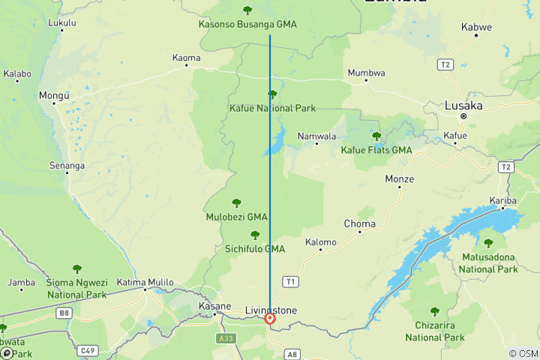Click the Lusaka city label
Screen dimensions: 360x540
coord(463,106)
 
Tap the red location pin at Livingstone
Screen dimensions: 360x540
coord(270,319)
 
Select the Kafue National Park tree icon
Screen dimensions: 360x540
coord(272,94)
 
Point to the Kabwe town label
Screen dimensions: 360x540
coord(476,27)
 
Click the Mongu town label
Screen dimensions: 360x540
coord(54,95)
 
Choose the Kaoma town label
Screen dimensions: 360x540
coord(186,58)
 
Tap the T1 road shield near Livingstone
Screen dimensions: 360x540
coord(290,281)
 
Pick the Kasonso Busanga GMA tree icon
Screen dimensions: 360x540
coord(247,10)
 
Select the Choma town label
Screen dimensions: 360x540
coord(359,223)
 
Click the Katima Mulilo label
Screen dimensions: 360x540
coord(145,282)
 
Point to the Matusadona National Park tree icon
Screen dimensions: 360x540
coord(488,243)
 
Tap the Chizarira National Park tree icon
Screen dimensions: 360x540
coord(434,311)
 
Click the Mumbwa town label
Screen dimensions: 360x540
coord(366,73)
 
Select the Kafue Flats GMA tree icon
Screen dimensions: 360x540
coord(376,136)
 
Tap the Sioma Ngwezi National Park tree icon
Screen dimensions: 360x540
coord(76,268)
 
